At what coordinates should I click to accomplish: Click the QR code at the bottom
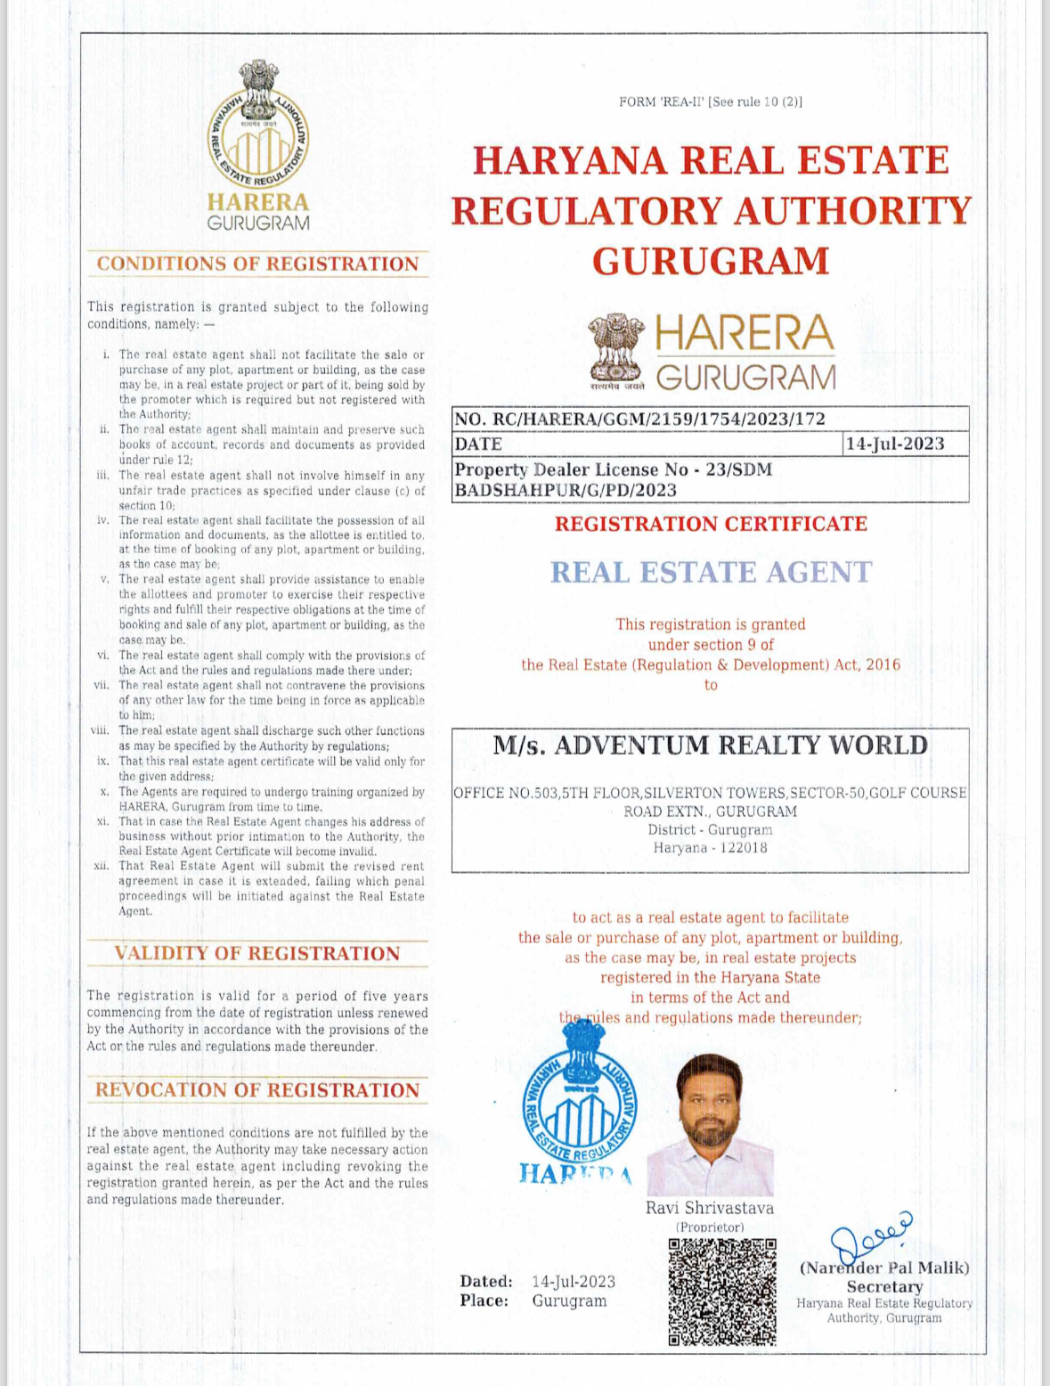(x=722, y=1291)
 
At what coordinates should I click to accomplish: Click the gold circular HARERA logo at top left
(x=258, y=126)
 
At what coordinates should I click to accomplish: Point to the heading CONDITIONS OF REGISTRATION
(x=257, y=264)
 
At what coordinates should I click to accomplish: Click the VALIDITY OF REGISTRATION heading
(x=257, y=953)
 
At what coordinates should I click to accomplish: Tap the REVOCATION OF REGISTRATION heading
(x=257, y=1090)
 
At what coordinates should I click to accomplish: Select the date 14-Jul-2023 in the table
(x=894, y=444)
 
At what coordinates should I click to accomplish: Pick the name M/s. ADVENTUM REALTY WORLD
(x=710, y=746)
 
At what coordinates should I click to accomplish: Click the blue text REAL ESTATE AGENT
(x=711, y=572)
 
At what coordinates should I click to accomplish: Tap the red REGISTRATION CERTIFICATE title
(x=711, y=524)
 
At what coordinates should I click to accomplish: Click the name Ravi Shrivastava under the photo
(x=710, y=1208)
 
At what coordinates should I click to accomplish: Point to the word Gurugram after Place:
(x=569, y=1300)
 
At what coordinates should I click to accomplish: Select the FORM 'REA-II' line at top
(x=710, y=102)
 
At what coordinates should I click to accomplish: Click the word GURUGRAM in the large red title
(x=711, y=261)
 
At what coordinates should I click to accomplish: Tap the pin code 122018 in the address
(x=737, y=848)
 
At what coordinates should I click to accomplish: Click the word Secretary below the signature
(x=883, y=1286)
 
